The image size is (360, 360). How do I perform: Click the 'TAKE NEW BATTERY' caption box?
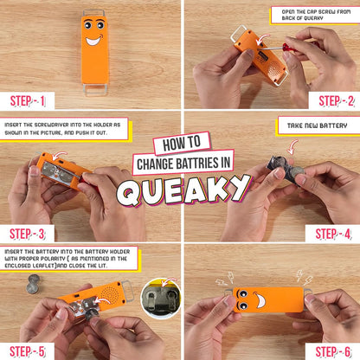[x=318, y=126]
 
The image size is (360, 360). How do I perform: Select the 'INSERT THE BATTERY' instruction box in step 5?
[x=66, y=258]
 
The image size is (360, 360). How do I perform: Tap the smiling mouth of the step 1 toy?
[x=93, y=41]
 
